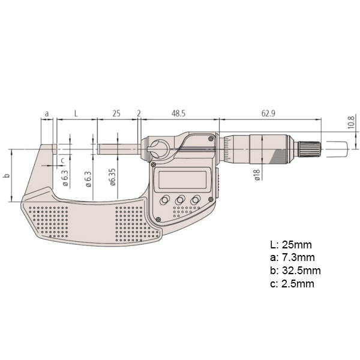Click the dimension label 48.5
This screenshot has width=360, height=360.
178,113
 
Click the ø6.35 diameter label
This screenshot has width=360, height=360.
113,178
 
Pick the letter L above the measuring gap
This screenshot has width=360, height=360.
75,113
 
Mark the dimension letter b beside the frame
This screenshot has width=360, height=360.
7,176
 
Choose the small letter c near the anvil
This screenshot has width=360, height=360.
63,160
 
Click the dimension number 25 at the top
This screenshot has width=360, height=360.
117,113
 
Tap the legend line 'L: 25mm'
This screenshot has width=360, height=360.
291,245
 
